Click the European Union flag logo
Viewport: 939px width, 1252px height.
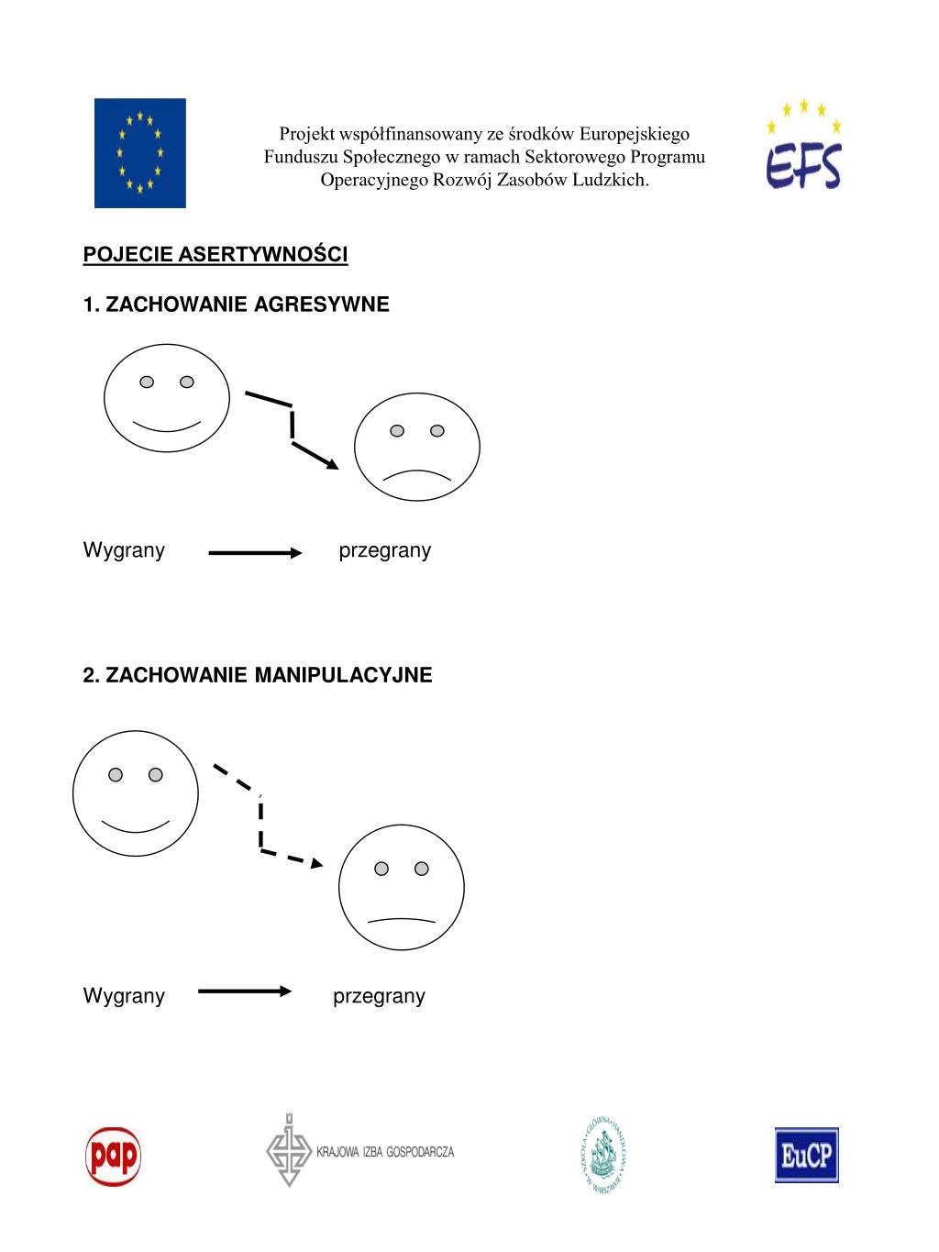(x=139, y=153)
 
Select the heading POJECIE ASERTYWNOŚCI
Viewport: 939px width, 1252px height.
(x=215, y=254)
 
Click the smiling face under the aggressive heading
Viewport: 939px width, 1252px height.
(x=166, y=399)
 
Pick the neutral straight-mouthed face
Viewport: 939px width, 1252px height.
(x=402, y=887)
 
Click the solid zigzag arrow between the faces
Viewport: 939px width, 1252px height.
(x=292, y=427)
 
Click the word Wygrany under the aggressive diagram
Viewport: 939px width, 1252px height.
(x=124, y=550)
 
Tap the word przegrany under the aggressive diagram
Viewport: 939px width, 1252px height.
(x=385, y=550)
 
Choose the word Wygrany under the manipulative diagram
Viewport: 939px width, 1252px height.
(x=124, y=996)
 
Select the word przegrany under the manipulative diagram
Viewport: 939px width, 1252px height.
(x=379, y=996)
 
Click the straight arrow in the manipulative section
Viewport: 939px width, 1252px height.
(x=245, y=992)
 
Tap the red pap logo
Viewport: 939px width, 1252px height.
(x=113, y=1156)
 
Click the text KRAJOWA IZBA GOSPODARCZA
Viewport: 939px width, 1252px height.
(x=385, y=1152)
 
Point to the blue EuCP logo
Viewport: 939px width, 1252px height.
(x=806, y=1155)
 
